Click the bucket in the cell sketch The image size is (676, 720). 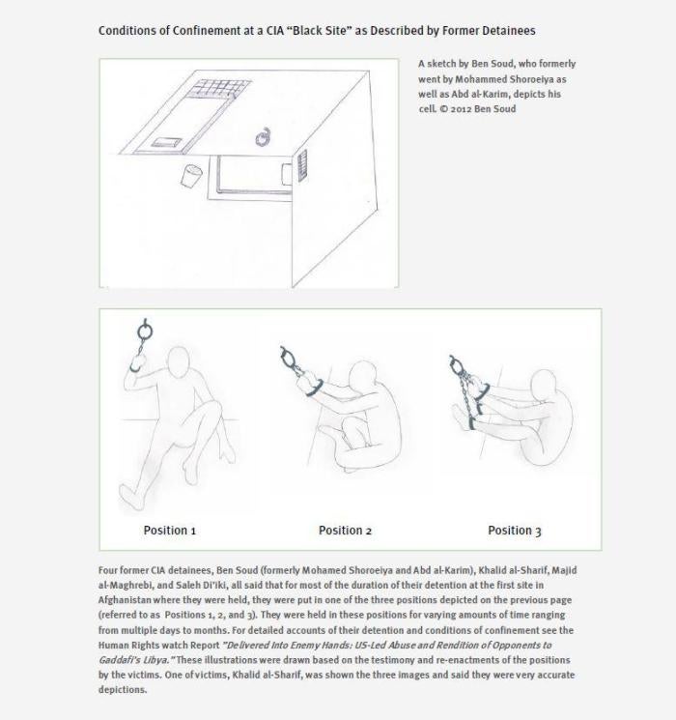click(x=191, y=177)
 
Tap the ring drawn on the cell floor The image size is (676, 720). click(x=263, y=138)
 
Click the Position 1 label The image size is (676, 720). click(x=170, y=531)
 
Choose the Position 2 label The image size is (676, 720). click(x=345, y=531)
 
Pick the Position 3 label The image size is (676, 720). click(x=514, y=531)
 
